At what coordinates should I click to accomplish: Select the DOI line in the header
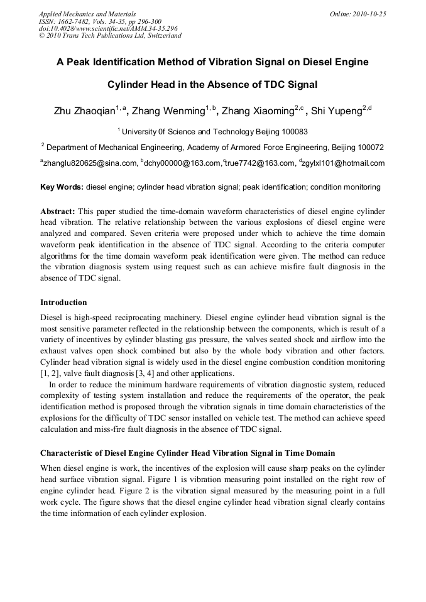[x=108, y=28]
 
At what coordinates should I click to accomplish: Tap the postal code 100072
[x=367, y=148]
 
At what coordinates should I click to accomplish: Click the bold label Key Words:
[x=62, y=187]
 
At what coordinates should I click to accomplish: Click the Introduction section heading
[x=63, y=303]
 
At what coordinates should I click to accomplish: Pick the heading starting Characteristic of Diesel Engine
[x=187, y=453]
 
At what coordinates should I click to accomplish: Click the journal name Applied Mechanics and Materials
[x=87, y=14]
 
